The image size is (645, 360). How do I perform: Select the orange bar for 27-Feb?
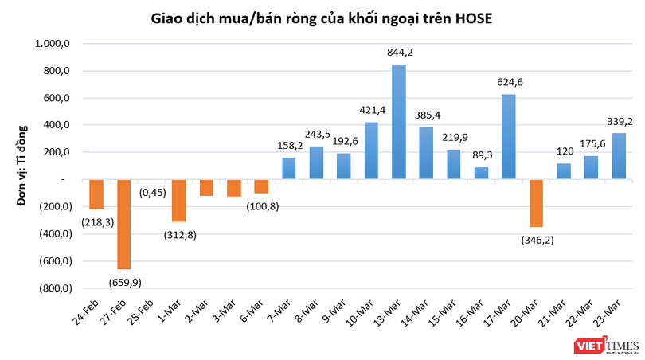tap(124, 224)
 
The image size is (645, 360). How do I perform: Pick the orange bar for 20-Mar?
tap(536, 203)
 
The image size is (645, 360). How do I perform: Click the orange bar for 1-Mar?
tap(178, 200)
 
